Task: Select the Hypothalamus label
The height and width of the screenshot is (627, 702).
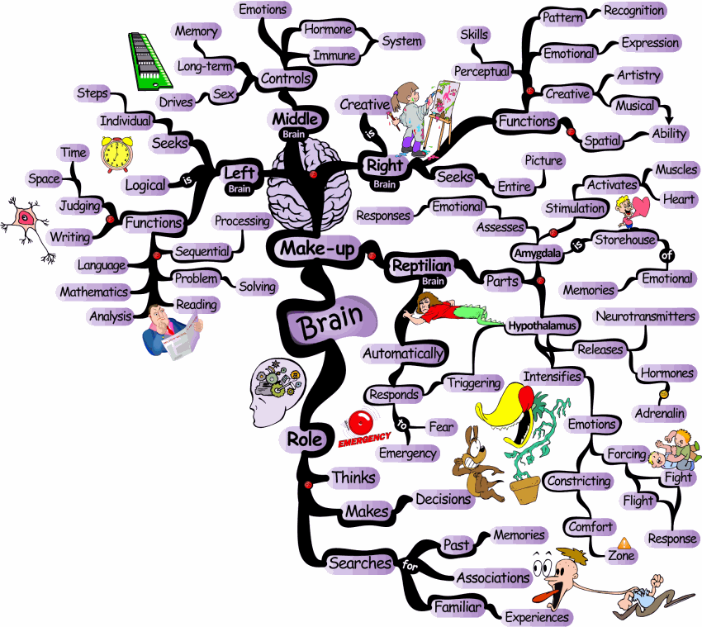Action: [x=540, y=325]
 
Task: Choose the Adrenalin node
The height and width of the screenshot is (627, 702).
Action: [x=660, y=411]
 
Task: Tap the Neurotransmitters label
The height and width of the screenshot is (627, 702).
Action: [x=646, y=316]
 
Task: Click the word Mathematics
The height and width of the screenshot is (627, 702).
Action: [x=93, y=292]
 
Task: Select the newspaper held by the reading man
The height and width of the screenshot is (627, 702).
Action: [x=182, y=336]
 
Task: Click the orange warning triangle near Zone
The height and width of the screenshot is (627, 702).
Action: [x=624, y=543]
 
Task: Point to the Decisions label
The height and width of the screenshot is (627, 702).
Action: [x=443, y=499]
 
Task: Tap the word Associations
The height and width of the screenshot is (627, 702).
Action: [x=492, y=577]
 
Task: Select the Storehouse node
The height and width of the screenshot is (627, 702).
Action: [x=625, y=240]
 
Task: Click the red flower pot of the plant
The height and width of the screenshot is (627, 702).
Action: [x=523, y=491]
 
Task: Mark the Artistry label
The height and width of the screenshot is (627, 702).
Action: [x=638, y=75]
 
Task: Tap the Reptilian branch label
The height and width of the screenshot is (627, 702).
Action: [x=421, y=265]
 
